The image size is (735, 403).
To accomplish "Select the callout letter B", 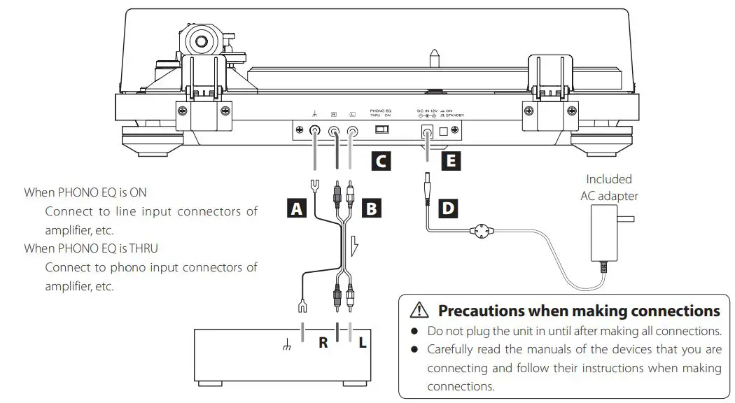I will [372, 208].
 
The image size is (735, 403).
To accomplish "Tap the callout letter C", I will [380, 162].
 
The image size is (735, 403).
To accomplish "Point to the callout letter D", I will [449, 208].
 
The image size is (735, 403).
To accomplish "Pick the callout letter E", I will [451, 162].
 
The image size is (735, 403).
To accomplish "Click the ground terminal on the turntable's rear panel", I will [316, 130].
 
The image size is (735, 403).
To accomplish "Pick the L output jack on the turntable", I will [353, 130].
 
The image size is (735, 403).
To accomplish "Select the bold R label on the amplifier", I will [323, 343].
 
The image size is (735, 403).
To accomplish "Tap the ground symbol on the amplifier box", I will [286, 344].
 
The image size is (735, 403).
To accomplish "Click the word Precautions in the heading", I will [481, 310].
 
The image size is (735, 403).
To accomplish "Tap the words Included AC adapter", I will [609, 188].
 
